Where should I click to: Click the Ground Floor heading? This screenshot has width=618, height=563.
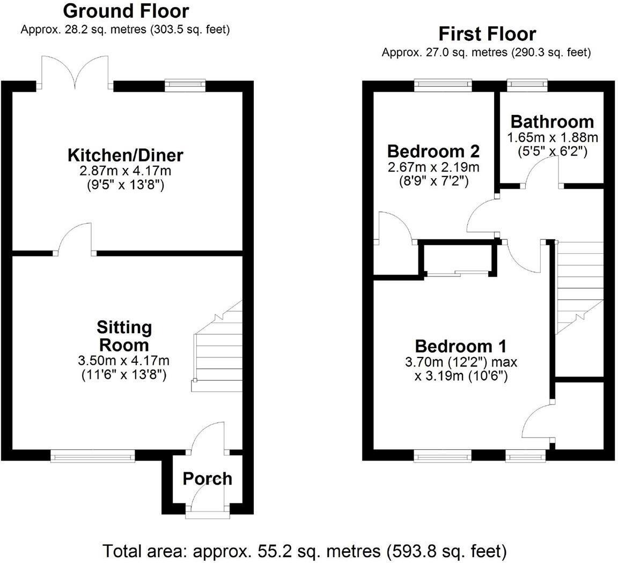click(x=126, y=11)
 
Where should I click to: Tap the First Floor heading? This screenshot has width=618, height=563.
click(x=487, y=34)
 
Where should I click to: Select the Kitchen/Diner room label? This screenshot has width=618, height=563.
click(x=125, y=156)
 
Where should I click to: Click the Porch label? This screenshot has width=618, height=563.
click(x=208, y=478)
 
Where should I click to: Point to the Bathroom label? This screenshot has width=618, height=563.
click(x=552, y=121)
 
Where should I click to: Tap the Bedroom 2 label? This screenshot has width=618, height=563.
click(x=433, y=150)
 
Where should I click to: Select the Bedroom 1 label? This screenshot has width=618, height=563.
click(x=460, y=345)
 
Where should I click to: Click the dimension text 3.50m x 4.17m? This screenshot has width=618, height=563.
click(x=124, y=360)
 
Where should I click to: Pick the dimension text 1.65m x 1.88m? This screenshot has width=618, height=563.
click(x=553, y=137)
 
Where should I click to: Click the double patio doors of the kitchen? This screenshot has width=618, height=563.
click(x=76, y=72)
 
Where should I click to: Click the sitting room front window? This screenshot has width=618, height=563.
click(x=92, y=456)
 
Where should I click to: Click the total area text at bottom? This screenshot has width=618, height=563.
click(x=304, y=550)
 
